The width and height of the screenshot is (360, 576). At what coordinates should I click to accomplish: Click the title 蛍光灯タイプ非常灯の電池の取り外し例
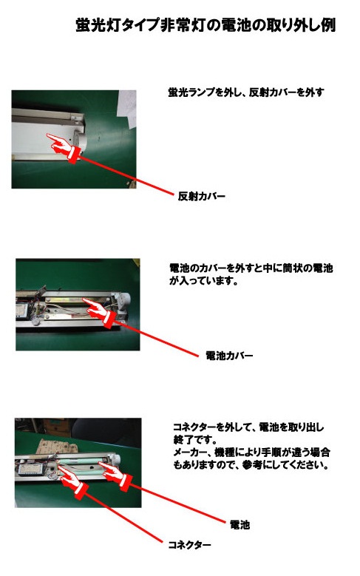[x=206, y=26]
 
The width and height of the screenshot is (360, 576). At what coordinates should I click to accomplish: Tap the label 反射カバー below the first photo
[x=201, y=196]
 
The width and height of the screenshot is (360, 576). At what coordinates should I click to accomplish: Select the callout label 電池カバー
[x=229, y=355]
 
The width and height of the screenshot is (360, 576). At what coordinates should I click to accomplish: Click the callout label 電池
[x=240, y=524]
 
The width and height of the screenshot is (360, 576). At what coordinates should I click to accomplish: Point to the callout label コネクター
[x=189, y=545]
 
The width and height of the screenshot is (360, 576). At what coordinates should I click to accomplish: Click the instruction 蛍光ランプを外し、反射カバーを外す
[x=245, y=92]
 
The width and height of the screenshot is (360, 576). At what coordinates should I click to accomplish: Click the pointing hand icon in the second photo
[x=99, y=313]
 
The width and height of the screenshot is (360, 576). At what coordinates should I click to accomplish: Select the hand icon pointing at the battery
[x=115, y=476]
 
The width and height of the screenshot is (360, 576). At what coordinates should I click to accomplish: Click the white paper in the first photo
[x=126, y=109]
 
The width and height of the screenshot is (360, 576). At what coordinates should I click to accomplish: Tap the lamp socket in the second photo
[x=122, y=303]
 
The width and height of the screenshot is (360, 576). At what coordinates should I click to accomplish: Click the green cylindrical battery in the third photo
[x=82, y=461]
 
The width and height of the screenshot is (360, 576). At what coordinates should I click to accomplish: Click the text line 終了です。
[x=195, y=439]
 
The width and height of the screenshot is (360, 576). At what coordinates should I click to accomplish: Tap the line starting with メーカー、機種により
[x=251, y=452]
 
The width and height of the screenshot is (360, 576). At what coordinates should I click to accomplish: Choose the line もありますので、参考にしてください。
[x=251, y=464]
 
